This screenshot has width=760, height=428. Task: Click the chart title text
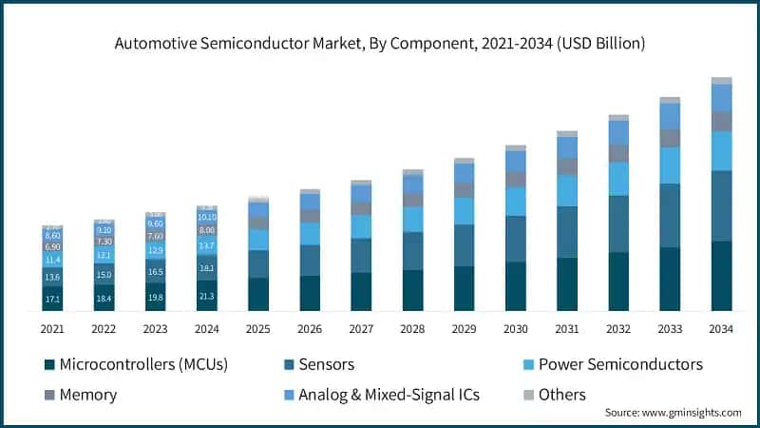(380, 43)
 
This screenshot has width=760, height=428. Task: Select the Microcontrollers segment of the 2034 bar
(722, 276)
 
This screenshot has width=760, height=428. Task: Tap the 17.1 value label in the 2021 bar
(53, 300)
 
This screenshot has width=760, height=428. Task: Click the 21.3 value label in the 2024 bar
(207, 297)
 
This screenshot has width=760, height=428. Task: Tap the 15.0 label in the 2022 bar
(104, 275)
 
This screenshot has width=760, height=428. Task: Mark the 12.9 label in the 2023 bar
(156, 250)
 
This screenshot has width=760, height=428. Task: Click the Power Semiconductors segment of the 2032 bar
(619, 179)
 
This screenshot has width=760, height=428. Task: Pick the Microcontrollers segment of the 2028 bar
(413, 290)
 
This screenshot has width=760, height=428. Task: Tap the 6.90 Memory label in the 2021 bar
(53, 246)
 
